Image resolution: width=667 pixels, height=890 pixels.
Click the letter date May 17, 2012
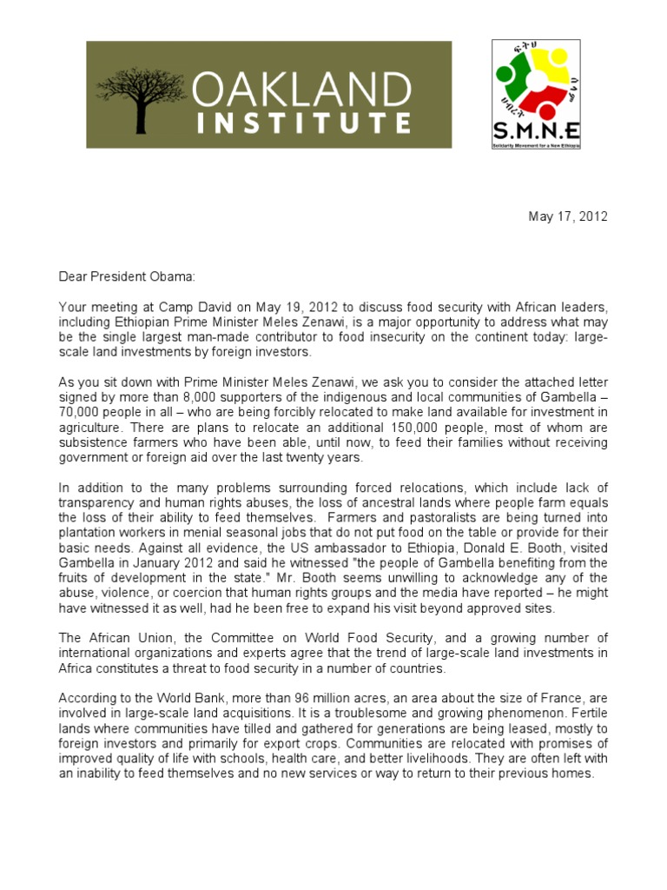tap(568, 216)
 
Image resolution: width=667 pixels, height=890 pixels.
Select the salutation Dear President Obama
tap(128, 276)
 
